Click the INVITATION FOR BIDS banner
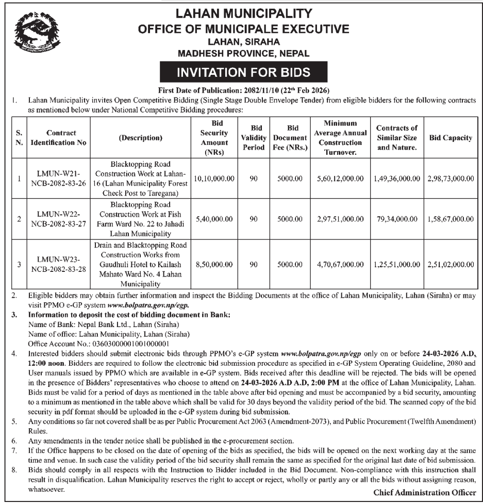coord(243,72)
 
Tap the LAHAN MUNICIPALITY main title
coord(243,14)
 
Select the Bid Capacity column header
coord(450,138)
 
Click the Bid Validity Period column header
coord(254,138)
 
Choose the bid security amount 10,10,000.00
coord(214,179)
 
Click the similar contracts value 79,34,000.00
coord(396,219)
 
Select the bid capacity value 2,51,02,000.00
coord(450,264)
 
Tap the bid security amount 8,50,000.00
coord(215,264)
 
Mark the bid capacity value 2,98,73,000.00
coord(450,179)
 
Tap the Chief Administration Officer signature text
coord(424,493)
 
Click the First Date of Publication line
coord(243,91)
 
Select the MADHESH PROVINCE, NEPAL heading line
coord(243,53)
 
